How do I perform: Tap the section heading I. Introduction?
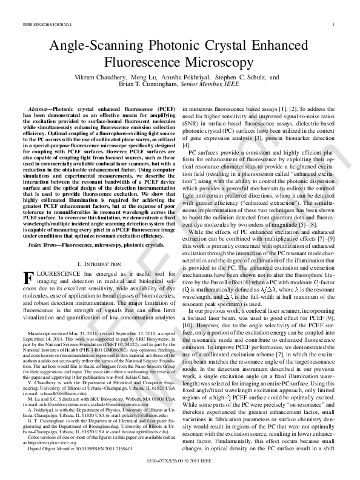pyautogui.click(x=98, y=265)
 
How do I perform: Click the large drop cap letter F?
pyautogui.click(x=27, y=278)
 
